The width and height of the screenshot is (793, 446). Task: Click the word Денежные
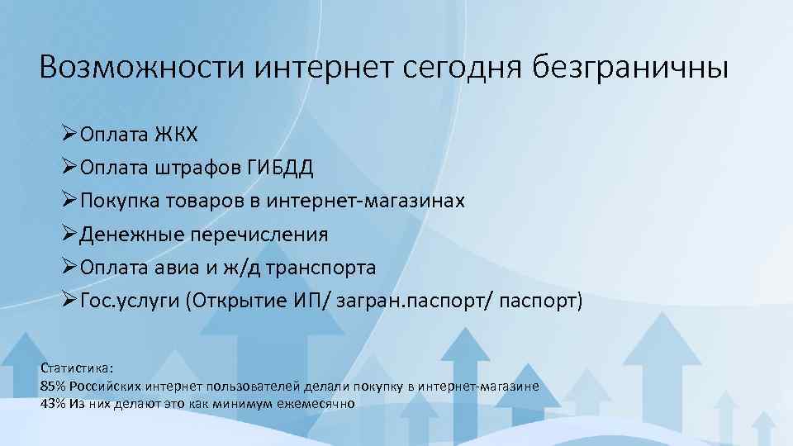(132, 235)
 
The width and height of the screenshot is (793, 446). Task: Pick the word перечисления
(259, 235)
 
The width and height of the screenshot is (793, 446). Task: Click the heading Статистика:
(77, 368)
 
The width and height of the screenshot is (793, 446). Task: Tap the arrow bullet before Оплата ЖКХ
(69, 135)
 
